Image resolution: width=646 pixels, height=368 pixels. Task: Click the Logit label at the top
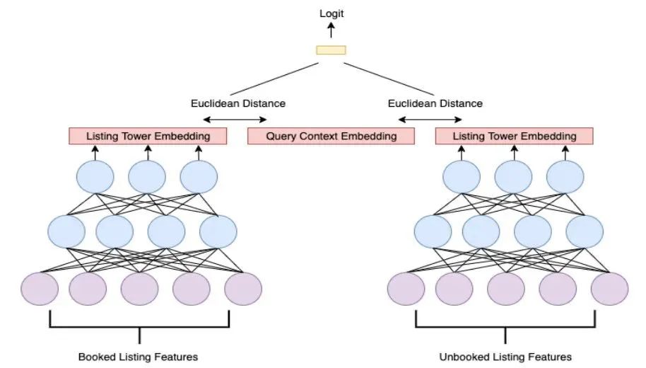pyautogui.click(x=331, y=13)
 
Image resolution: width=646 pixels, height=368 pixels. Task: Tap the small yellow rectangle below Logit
pyautogui.click(x=331, y=50)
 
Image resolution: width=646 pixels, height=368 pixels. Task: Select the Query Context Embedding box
pyautogui.click(x=331, y=136)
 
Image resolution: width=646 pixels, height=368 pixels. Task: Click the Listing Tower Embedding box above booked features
pyautogui.click(x=148, y=136)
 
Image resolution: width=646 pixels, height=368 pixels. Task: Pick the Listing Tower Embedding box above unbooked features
pyautogui.click(x=514, y=136)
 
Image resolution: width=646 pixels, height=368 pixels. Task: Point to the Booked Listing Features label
pyautogui.click(x=138, y=356)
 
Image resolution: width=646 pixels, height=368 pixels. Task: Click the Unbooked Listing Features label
pyautogui.click(x=505, y=356)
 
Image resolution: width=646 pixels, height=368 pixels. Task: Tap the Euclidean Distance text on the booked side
pyautogui.click(x=238, y=103)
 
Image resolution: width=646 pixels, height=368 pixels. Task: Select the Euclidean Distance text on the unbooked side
pyautogui.click(x=435, y=103)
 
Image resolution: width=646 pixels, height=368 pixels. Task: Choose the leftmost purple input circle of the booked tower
pyautogui.click(x=40, y=289)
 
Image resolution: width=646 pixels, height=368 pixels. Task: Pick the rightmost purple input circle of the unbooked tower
pyautogui.click(x=609, y=289)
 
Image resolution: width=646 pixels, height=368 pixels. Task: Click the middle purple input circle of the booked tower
pyautogui.click(x=139, y=289)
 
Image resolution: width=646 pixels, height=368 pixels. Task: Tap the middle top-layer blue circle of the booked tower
pyautogui.click(x=148, y=177)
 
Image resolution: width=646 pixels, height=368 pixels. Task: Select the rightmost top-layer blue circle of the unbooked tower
pyautogui.click(x=566, y=177)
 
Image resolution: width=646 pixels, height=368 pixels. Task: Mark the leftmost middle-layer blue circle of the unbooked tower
pyautogui.click(x=433, y=231)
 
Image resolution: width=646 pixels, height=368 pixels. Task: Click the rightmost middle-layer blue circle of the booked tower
pyautogui.click(x=218, y=231)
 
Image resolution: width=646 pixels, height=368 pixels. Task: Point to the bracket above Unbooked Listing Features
pyautogui.click(x=505, y=326)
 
